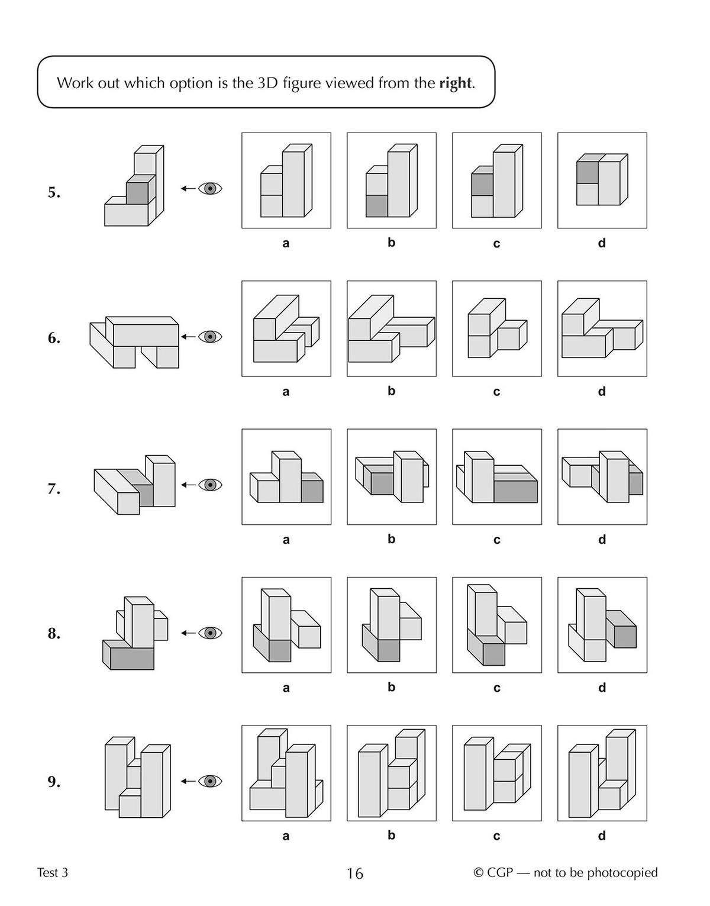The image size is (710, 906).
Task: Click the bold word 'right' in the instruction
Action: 456,83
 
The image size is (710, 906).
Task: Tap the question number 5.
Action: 54,193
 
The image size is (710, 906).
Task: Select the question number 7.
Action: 54,489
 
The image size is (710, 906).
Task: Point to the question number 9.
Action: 54,782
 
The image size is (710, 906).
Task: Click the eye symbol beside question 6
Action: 209,337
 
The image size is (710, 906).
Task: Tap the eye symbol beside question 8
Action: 209,633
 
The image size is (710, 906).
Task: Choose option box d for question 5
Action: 602,180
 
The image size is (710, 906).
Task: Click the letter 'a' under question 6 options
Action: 286,392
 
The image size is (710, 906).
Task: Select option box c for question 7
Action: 496,477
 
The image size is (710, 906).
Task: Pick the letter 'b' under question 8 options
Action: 391,687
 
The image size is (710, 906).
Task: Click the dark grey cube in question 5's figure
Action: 137,194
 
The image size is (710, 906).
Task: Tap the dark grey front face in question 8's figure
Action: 132,659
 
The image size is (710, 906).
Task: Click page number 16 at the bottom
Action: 354,873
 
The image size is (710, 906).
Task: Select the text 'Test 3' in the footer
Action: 52,873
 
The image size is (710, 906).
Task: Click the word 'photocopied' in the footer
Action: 622,873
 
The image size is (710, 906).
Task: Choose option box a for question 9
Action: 286,773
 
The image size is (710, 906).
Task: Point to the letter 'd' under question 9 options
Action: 602,836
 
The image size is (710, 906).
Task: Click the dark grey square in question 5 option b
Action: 377,206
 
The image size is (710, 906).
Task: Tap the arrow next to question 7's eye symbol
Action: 188,485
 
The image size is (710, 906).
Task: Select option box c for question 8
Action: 496,625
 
